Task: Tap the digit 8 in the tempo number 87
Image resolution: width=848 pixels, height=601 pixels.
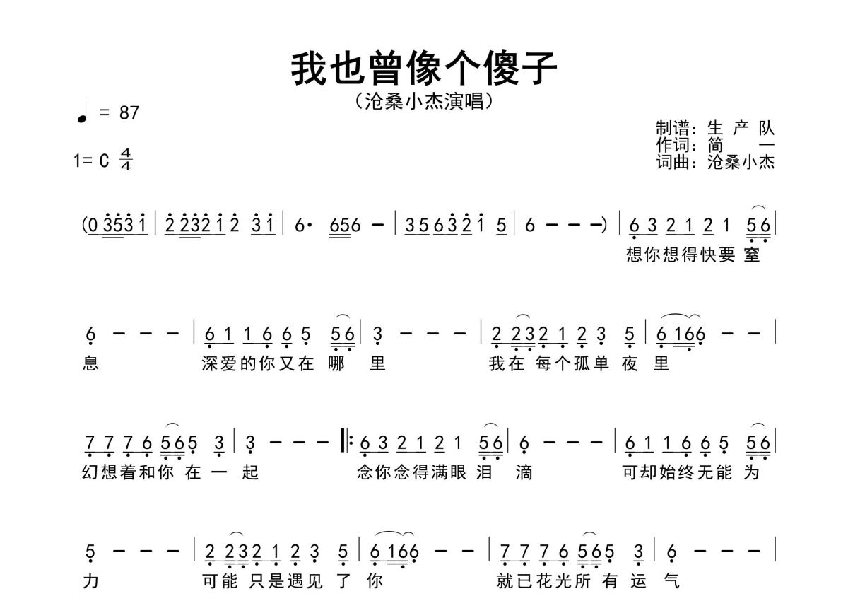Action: click(124, 113)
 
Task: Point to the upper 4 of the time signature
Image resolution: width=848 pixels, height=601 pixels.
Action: click(126, 153)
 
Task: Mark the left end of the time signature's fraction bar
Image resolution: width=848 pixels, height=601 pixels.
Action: click(119, 159)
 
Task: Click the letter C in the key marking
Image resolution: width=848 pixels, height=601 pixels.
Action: click(104, 161)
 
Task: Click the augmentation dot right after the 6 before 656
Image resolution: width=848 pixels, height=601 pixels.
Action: click(310, 226)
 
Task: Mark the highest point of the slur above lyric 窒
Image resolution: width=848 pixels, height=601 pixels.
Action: click(759, 206)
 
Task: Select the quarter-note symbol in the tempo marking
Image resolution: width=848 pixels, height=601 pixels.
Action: click(83, 112)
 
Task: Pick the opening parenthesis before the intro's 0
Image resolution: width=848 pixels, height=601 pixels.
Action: click(84, 226)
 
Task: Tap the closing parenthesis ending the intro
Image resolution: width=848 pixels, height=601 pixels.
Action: click(604, 226)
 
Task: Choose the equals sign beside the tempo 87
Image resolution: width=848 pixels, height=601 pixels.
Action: click(104, 112)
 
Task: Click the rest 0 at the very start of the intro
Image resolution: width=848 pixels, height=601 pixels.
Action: click(93, 226)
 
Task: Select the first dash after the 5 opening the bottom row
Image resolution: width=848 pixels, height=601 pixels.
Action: click(119, 551)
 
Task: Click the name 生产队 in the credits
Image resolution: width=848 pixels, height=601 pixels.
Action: click(741, 129)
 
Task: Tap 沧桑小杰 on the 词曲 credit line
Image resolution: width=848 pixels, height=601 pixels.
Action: click(741, 162)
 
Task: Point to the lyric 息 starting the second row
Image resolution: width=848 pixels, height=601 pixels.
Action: click(90, 363)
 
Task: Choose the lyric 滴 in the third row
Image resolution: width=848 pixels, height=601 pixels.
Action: click(524, 472)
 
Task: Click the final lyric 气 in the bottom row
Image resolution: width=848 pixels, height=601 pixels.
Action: click(671, 581)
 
